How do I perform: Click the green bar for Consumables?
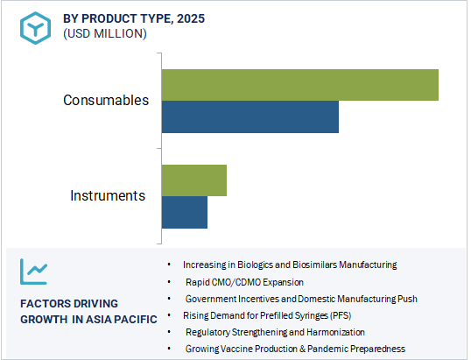click(299, 84)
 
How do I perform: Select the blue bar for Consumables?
click(250, 116)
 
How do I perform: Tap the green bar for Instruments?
click(193, 180)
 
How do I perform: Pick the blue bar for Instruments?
click(184, 212)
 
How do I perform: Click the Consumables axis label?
click(105, 100)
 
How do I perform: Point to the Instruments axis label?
click(108, 195)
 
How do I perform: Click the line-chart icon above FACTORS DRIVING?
click(35, 273)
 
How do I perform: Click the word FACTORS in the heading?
click(45, 303)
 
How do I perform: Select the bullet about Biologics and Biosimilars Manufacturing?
click(290, 265)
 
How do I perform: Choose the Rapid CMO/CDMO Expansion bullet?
click(244, 282)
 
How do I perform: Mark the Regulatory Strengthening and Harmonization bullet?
click(275, 333)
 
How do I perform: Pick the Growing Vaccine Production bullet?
click(295, 349)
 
